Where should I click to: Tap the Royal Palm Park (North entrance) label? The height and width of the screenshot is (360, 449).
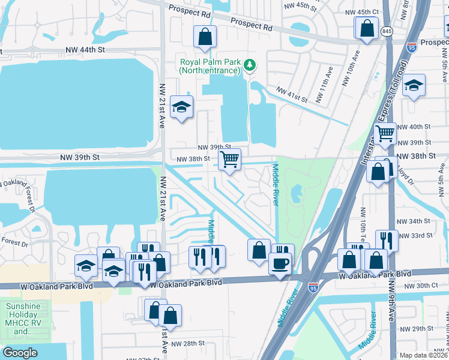209,65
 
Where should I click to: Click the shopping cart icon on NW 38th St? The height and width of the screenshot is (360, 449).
229,160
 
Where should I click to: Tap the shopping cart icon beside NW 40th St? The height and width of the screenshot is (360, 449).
385,133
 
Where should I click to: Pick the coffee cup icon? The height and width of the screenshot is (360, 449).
279,263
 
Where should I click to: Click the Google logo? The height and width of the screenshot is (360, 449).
20,353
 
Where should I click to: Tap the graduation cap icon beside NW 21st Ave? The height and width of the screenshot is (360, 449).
181,107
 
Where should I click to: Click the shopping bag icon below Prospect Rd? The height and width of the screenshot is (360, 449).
205,37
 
